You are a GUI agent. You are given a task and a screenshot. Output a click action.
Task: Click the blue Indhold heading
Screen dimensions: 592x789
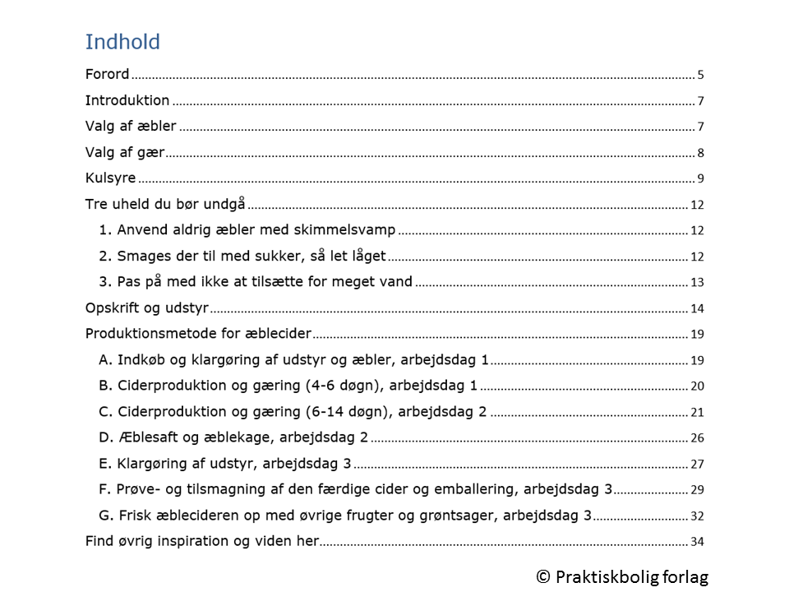pos(122,42)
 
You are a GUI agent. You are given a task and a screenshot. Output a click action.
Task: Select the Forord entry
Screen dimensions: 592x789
pos(108,74)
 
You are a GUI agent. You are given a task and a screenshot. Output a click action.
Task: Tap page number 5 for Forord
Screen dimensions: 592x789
pos(700,75)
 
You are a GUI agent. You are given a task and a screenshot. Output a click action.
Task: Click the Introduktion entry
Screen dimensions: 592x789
pos(127,100)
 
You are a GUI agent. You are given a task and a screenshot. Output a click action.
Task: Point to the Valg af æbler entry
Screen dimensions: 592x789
pos(131,127)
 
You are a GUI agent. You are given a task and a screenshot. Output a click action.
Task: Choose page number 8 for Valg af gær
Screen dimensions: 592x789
pos(700,153)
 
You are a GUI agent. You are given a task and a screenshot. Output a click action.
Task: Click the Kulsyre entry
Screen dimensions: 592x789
pos(111,178)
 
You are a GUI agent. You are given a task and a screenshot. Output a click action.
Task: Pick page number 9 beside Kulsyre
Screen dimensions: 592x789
pos(700,179)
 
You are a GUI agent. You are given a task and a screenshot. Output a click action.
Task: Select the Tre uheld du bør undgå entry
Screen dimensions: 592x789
pos(165,205)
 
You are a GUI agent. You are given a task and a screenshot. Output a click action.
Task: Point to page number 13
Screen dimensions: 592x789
pos(697,283)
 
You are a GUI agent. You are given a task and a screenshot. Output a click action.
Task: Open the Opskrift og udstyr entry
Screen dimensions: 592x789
pos(147,308)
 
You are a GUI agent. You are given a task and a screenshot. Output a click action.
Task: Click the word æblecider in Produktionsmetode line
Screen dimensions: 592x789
pos(281,334)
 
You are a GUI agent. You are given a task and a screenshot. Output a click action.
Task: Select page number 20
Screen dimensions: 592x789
pos(697,386)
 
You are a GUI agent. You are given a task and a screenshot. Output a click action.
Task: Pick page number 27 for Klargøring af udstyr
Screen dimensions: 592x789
pos(697,465)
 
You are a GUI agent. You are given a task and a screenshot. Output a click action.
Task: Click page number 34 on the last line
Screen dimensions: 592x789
pos(697,542)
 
